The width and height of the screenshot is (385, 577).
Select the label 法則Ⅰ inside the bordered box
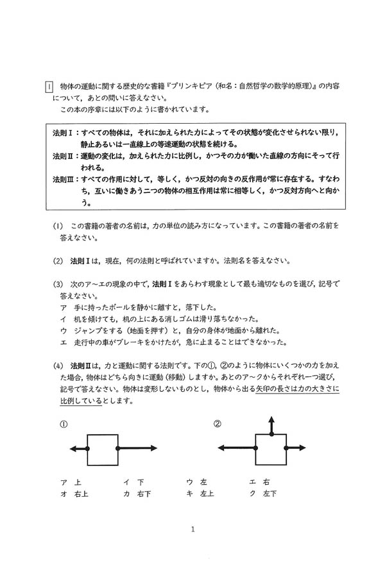coord(64,132)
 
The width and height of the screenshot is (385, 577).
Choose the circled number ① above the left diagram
coord(63,424)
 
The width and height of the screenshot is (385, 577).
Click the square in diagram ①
coord(102,449)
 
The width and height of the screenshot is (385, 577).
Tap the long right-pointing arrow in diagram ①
coord(137,449)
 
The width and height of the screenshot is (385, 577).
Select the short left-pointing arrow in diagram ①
coord(78,449)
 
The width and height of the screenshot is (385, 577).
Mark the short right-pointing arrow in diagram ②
coord(295,448)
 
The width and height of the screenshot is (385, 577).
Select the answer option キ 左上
coord(200,493)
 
